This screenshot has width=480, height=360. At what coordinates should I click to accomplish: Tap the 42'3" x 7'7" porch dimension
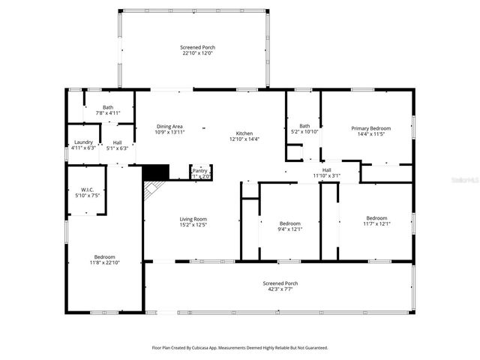(x=280, y=289)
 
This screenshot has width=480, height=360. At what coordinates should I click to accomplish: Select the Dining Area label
(x=169, y=126)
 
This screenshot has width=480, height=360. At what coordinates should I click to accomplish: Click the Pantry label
(x=200, y=170)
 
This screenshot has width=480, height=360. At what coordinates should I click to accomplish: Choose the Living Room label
(x=193, y=219)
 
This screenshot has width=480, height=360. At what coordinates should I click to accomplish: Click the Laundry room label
(x=82, y=142)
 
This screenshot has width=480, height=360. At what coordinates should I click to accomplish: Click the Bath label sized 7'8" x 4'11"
(x=108, y=107)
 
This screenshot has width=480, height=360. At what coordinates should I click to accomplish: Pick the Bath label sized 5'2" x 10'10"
(x=304, y=126)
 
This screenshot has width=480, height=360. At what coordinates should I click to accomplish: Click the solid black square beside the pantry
(x=155, y=172)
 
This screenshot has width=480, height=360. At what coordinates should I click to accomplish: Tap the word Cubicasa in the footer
(x=211, y=348)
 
